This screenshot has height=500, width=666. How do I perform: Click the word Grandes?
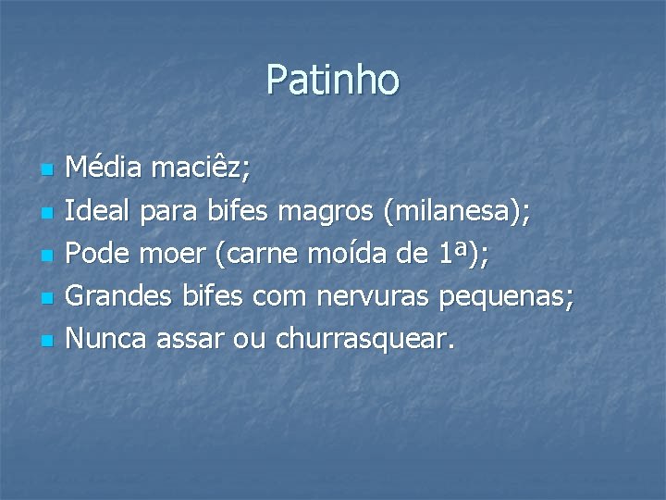[x=117, y=297]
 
